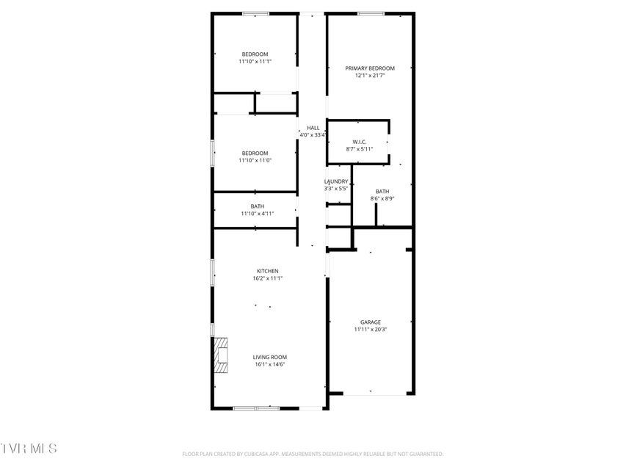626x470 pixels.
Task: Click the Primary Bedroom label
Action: point(370,68)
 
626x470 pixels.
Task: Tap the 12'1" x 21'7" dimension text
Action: point(370,76)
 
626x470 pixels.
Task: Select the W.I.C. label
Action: point(360,142)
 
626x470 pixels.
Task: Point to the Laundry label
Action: point(336,181)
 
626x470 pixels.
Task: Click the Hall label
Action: point(313,128)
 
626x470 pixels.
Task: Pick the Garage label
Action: point(371,322)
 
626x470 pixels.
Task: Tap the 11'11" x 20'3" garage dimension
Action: point(371,330)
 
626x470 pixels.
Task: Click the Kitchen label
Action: point(267,271)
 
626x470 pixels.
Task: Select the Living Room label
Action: point(270,358)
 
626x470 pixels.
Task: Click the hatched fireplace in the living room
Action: point(221,355)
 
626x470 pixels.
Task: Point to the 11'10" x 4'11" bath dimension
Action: point(258,214)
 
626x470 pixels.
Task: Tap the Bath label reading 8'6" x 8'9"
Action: point(382,192)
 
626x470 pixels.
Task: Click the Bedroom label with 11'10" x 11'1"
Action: point(255,54)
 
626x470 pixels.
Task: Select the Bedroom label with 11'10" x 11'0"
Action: point(255,153)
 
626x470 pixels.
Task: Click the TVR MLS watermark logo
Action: point(29,449)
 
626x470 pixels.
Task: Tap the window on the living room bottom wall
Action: point(256,408)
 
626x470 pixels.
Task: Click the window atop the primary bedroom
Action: point(371,14)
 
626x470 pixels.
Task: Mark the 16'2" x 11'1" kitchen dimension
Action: point(267,278)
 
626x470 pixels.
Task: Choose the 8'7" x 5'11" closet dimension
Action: point(360,150)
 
